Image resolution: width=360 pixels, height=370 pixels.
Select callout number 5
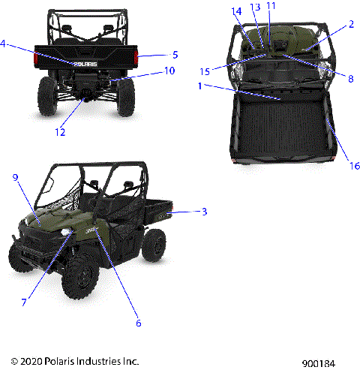pyautogui.click(x=175, y=55)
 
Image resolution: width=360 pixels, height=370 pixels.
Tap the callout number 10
pyautogui.click(x=169, y=71)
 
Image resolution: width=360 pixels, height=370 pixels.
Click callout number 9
pyautogui.click(x=14, y=177)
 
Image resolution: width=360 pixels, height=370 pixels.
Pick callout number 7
pyautogui.click(x=24, y=302)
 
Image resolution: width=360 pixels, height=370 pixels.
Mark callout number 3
pyautogui.click(x=203, y=212)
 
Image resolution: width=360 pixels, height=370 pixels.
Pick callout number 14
pyautogui.click(x=237, y=11)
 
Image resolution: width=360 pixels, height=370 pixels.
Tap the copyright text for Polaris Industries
pyautogui.click(x=70, y=362)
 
